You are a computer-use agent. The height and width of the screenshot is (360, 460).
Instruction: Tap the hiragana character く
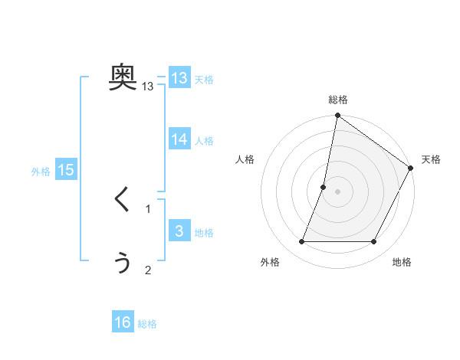[x=123, y=200]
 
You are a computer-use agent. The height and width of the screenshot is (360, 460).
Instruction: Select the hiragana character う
[x=123, y=263]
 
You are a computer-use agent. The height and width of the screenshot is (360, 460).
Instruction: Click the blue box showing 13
[x=179, y=78]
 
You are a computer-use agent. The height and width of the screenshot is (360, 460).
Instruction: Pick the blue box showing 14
[x=179, y=139]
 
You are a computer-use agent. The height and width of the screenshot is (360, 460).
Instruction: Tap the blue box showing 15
[x=66, y=170]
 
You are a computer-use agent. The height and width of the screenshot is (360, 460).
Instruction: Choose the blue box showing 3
[x=179, y=231]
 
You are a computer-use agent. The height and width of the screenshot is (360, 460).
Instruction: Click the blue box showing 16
[x=123, y=322]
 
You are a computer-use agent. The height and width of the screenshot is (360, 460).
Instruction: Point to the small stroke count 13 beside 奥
[x=148, y=87]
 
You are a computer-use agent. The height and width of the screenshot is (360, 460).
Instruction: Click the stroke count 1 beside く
[x=148, y=208]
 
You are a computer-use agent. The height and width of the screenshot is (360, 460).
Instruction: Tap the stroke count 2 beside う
[x=148, y=270]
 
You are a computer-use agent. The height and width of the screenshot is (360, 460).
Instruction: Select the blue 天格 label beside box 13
[x=204, y=80]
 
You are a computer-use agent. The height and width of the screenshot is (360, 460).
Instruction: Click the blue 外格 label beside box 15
[x=41, y=172]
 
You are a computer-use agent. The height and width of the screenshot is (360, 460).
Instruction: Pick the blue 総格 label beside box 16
[x=147, y=324]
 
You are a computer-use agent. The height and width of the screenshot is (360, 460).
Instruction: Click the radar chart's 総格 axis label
[x=337, y=100]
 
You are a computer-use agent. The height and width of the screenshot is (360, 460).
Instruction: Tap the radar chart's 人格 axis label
[x=245, y=159]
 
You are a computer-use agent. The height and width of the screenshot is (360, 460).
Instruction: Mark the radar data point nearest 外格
[x=301, y=242]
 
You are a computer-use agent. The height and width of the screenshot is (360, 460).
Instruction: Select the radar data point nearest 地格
[x=374, y=242]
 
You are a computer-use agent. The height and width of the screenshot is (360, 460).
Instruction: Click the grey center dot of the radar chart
[x=337, y=191]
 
